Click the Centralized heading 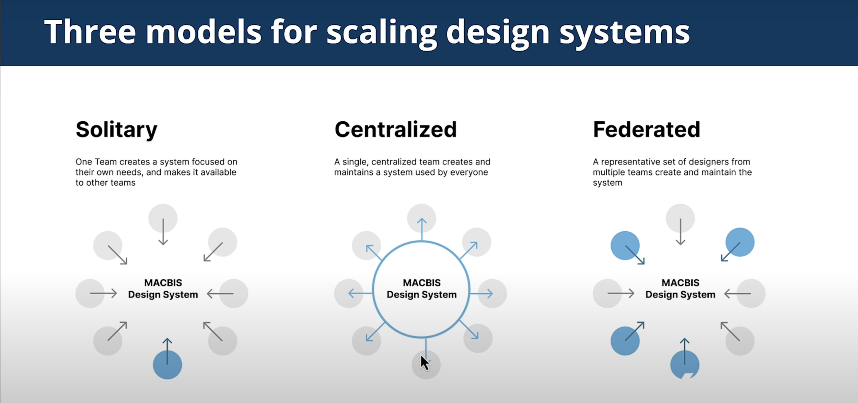click(x=395, y=130)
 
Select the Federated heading click(x=646, y=130)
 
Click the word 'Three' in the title click(x=90, y=32)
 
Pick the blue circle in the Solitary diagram click(x=167, y=365)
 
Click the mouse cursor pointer click(x=425, y=363)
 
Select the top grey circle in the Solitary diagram click(x=163, y=218)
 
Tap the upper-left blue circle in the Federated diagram click(x=625, y=245)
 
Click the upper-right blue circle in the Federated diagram click(x=740, y=242)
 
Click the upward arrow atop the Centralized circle click(x=422, y=229)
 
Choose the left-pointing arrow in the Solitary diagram click(x=220, y=294)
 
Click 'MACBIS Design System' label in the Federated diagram click(x=680, y=289)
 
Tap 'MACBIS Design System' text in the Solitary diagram click(x=163, y=289)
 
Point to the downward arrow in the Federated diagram click(x=681, y=232)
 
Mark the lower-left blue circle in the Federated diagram click(x=625, y=341)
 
